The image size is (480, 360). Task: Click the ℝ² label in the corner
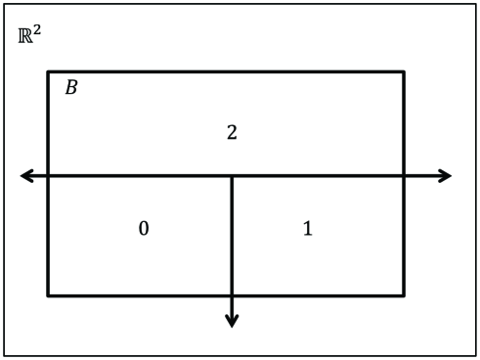(x=29, y=36)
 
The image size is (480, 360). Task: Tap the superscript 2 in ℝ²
(x=37, y=31)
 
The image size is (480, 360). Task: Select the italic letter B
(x=70, y=88)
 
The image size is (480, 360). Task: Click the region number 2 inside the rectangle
(x=232, y=132)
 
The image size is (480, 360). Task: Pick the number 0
(x=143, y=229)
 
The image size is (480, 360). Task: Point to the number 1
(x=307, y=229)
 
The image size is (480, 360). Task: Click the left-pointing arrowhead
(x=24, y=176)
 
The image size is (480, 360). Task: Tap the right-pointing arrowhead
(x=447, y=176)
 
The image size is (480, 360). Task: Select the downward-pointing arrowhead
(x=232, y=321)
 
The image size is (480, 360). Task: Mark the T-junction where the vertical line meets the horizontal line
(x=232, y=176)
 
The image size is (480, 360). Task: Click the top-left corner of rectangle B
(x=48, y=71)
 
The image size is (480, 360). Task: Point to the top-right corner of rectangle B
(x=404, y=71)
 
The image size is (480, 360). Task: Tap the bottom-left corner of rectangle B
(x=48, y=294)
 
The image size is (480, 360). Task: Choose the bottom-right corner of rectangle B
(x=404, y=294)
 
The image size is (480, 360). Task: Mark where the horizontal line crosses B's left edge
(x=48, y=176)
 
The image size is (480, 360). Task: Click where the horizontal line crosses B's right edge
(x=404, y=176)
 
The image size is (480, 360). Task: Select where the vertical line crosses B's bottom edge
(x=232, y=294)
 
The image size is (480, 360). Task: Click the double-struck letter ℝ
(x=25, y=37)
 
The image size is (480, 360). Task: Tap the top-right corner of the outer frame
(x=475, y=4)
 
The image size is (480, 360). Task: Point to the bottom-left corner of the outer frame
(x=4, y=355)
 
